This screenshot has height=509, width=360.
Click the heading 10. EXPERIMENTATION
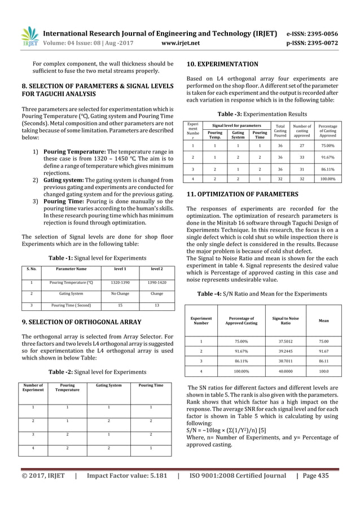(x=222, y=64)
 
